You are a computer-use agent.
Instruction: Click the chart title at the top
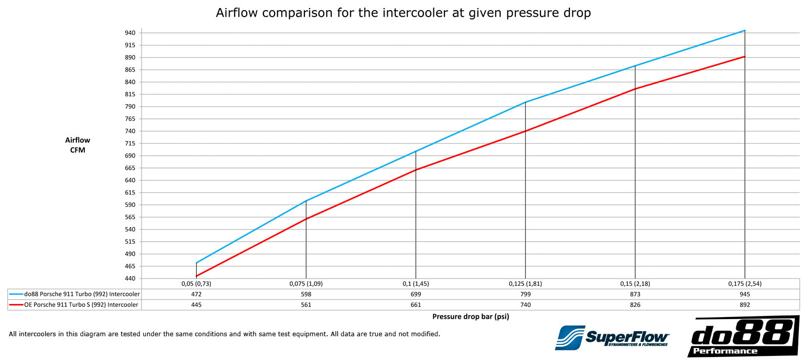click(403, 13)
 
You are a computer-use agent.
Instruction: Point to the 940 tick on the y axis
click(130, 33)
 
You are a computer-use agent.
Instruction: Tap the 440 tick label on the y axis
click(130, 279)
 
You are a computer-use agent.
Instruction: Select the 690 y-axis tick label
click(130, 156)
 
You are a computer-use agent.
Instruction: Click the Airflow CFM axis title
click(77, 145)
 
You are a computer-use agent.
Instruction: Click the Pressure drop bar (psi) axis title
click(470, 317)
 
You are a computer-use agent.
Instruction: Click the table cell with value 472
click(196, 294)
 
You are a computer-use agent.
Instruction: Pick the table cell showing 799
click(525, 294)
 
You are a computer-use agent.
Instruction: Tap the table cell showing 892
click(744, 305)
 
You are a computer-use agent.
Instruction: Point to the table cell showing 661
click(416, 305)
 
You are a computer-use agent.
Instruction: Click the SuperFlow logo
click(612, 338)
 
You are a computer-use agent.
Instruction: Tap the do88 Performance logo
click(743, 336)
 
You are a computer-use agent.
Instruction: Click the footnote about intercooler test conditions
click(224, 334)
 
